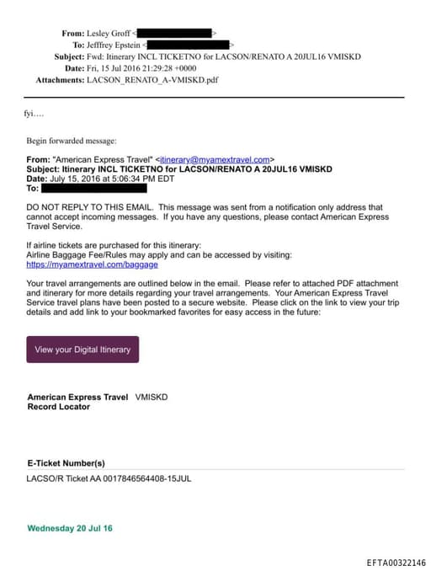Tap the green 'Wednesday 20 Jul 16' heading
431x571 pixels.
[x=70, y=528]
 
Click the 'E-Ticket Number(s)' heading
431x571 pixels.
[x=66, y=462]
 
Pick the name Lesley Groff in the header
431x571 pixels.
[x=110, y=33]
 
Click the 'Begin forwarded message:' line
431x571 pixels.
[x=72, y=141]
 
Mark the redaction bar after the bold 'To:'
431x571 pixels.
[x=100, y=188]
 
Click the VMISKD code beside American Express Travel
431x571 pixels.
[x=151, y=397]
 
